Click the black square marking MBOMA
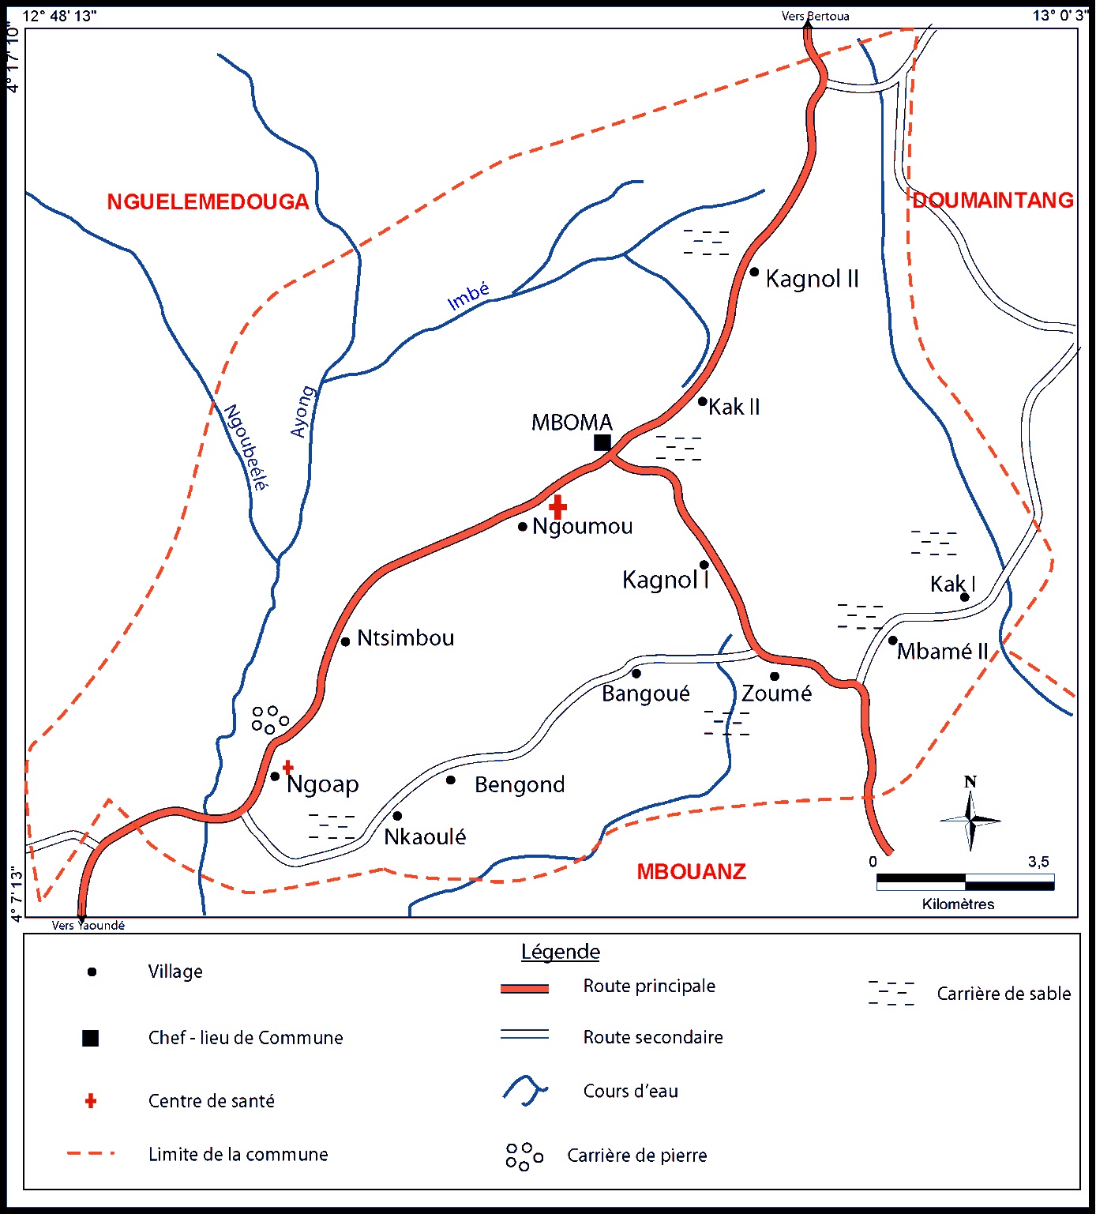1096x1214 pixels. [x=602, y=442]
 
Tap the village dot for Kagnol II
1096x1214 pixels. [x=754, y=272]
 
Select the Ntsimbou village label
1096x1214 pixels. [x=405, y=638]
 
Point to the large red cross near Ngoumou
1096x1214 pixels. [x=557, y=506]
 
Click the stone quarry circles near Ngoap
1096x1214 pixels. [x=269, y=719]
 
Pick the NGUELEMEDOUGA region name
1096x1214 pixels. [x=208, y=202]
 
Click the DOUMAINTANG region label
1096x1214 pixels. [x=993, y=200]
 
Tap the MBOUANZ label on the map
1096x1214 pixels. [x=691, y=872]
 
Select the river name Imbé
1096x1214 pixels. [x=468, y=296]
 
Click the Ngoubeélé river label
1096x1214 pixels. [x=246, y=447]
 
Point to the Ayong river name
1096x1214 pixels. [x=302, y=412]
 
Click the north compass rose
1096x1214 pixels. [x=970, y=819]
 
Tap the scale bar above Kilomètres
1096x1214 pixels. [x=965, y=881]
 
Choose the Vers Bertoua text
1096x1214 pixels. [x=815, y=16]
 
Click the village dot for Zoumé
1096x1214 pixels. [x=775, y=676]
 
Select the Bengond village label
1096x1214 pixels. [x=520, y=784]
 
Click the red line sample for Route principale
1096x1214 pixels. [x=524, y=988]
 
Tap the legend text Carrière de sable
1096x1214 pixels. [x=1004, y=994]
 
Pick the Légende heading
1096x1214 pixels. [x=561, y=952]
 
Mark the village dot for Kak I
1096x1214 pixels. [x=964, y=597]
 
